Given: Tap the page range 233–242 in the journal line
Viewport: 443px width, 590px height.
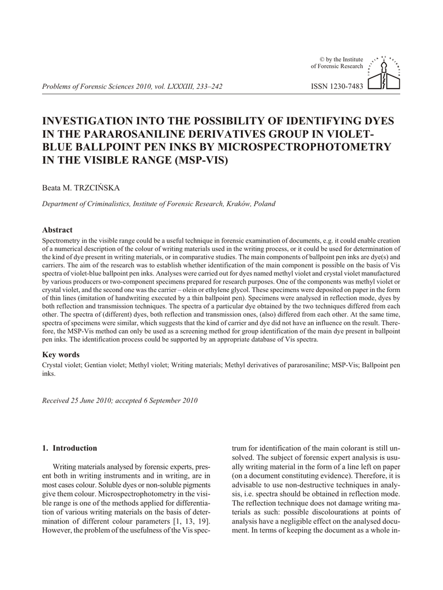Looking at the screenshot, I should click(x=208, y=86).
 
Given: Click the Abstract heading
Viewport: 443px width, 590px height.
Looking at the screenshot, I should click(x=57, y=230).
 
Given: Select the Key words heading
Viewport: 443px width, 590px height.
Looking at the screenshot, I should click(x=61, y=355).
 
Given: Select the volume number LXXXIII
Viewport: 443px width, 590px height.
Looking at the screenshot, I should click(x=176, y=86).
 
